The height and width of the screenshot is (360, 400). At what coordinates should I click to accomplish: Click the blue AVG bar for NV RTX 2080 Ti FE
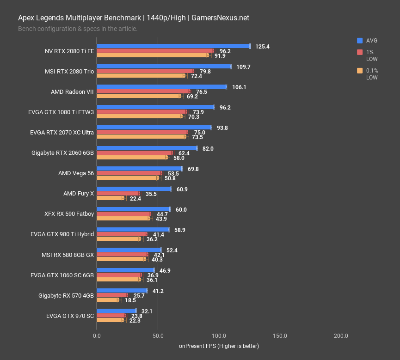click(173, 46)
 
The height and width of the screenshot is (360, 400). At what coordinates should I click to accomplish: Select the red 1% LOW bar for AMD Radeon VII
click(143, 92)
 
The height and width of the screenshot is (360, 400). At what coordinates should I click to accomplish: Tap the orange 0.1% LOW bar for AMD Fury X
click(110, 198)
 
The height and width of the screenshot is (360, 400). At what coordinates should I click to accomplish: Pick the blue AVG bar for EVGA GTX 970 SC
click(116, 311)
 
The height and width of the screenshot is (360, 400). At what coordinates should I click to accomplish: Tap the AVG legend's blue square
click(360, 40)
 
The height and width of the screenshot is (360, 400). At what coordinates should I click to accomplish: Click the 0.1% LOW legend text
click(372, 74)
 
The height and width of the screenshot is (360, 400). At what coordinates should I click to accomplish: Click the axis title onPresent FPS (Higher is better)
click(219, 346)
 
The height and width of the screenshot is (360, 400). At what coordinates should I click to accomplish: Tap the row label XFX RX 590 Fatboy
click(69, 214)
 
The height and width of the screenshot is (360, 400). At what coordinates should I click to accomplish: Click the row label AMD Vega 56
click(76, 173)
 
